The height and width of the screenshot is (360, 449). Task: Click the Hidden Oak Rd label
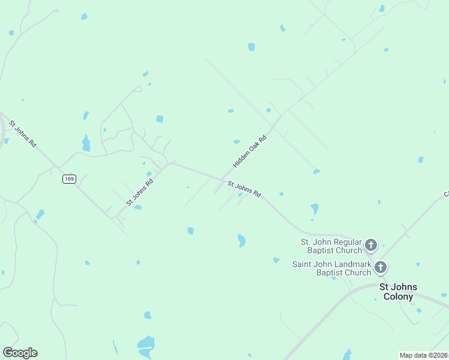point(249,151)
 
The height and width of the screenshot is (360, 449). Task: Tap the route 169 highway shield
point(69,179)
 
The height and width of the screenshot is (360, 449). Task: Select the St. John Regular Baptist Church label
point(331,246)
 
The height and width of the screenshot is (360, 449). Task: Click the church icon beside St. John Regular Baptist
point(371,245)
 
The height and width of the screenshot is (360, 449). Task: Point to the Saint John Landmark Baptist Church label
point(331,268)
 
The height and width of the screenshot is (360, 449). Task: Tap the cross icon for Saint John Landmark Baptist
point(381,267)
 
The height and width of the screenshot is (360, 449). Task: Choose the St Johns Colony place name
point(398,292)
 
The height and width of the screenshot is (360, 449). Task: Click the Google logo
point(20,353)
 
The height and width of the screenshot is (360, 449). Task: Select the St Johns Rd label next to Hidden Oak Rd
point(244,189)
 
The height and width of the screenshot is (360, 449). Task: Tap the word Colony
point(399,296)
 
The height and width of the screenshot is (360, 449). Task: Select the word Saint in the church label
point(303,264)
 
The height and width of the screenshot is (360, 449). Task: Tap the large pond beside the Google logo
point(146,343)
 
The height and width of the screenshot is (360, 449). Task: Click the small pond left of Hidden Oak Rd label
point(237,142)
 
